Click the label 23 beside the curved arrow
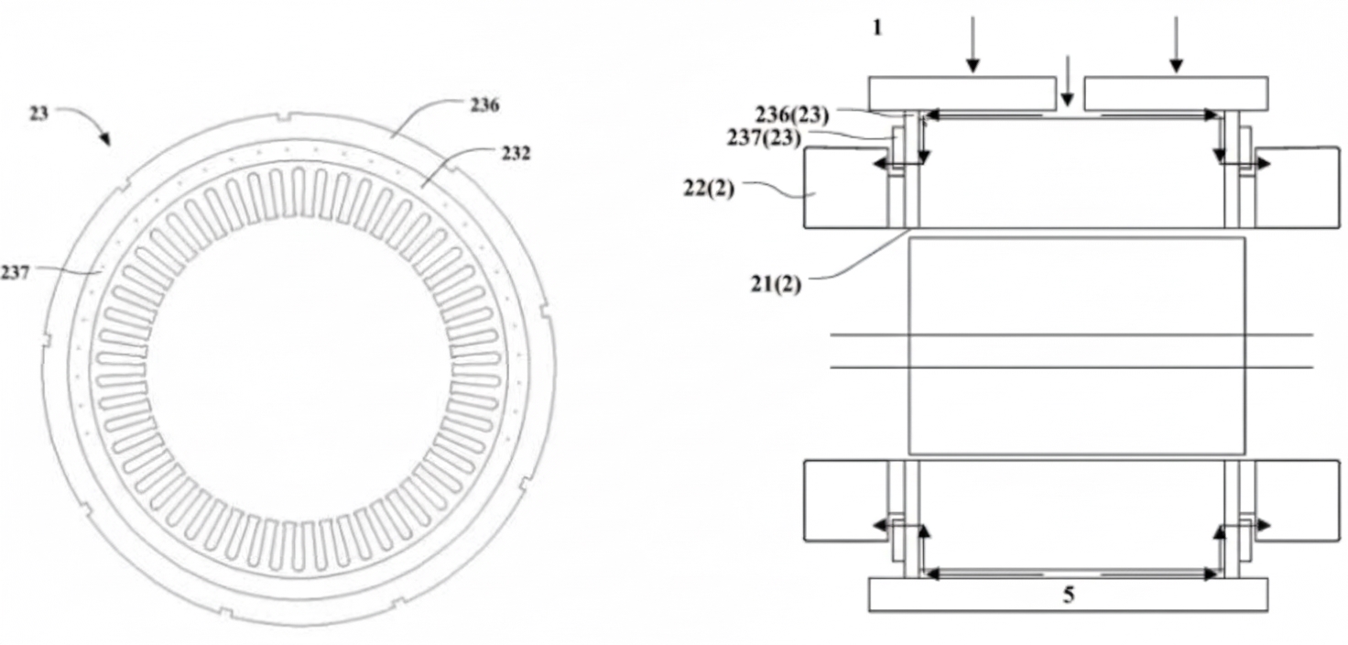click(x=38, y=115)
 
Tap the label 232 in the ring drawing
click(x=515, y=153)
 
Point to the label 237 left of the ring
click(x=16, y=272)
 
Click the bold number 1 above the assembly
click(x=877, y=27)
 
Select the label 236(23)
click(x=792, y=115)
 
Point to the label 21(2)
click(x=774, y=283)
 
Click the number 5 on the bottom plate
click(x=1068, y=595)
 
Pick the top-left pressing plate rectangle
click(x=961, y=93)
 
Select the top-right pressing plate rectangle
click(x=1176, y=93)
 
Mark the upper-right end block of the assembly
click(x=1297, y=187)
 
